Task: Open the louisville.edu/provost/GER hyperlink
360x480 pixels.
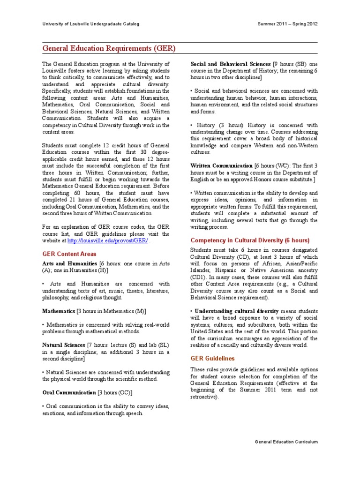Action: pos(108,240)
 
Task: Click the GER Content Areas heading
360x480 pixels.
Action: pos(69,254)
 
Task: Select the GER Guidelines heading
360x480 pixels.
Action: pos(213,359)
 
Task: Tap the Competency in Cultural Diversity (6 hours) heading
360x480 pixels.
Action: pos(250,240)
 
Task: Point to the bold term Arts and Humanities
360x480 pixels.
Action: pos(69,264)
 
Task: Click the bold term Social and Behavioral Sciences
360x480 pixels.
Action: pos(231,64)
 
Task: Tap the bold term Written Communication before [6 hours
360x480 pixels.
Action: pos(221,165)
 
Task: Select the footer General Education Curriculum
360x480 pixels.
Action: pos(286,442)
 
